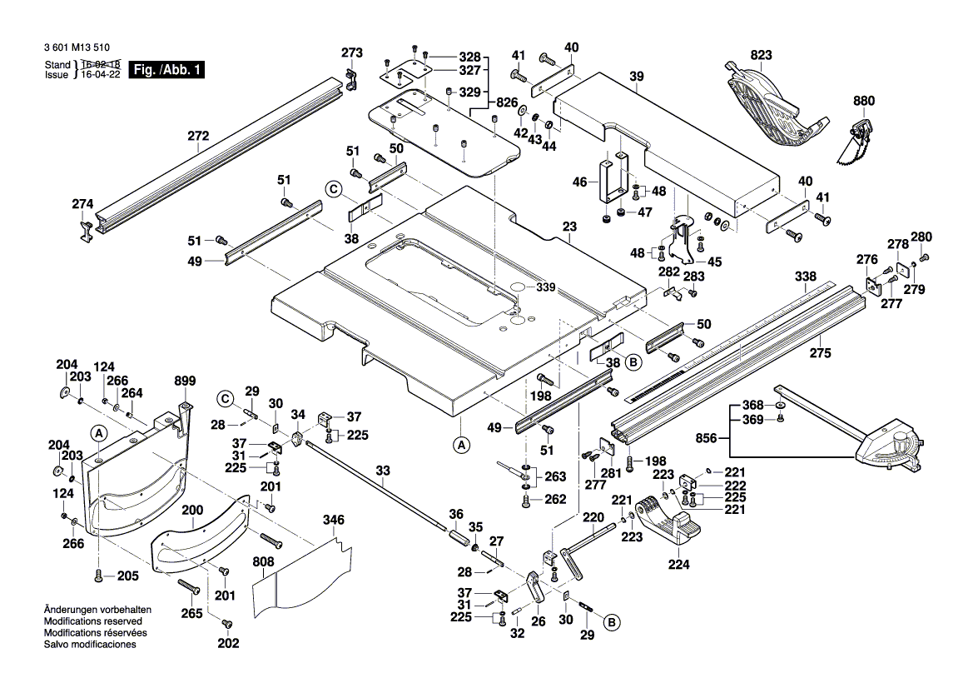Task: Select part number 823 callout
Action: coord(761,57)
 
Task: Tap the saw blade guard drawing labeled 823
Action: coord(770,108)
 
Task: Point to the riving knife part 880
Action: coord(855,151)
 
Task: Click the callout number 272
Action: coord(198,136)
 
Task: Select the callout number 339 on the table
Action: coord(545,287)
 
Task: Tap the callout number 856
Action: coord(707,436)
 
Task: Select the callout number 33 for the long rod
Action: coord(382,471)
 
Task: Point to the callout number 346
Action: coord(333,521)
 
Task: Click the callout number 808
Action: coord(263,561)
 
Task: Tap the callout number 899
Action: coord(185,381)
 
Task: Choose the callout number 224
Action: coord(678,565)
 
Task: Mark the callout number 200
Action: coord(192,510)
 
